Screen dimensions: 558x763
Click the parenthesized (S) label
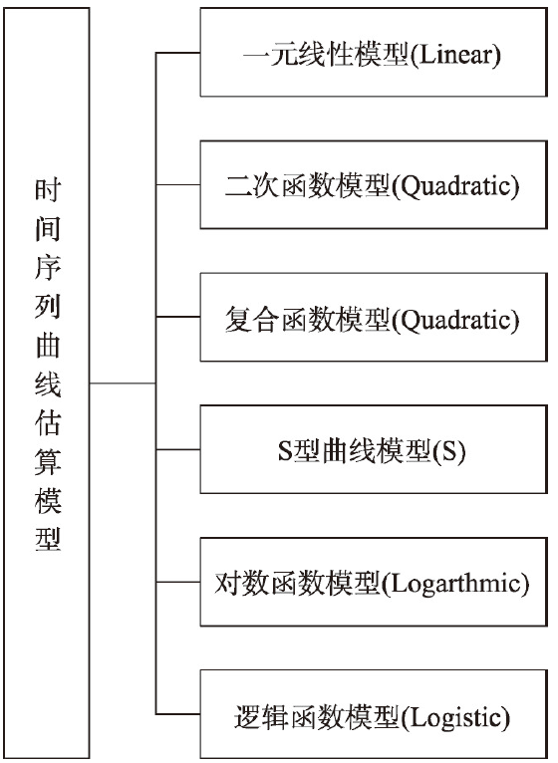click(x=449, y=451)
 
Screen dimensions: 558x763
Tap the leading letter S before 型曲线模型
click(x=284, y=450)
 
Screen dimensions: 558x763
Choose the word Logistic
click(x=455, y=717)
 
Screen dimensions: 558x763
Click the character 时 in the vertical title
click(x=48, y=190)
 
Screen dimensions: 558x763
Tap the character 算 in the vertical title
click(x=48, y=462)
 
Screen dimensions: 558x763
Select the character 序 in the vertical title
click(x=48, y=268)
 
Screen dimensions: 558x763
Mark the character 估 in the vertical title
click(x=48, y=423)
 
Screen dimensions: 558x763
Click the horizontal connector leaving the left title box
click(x=123, y=383)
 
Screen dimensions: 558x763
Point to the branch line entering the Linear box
click(x=178, y=53)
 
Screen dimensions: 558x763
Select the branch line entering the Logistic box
click(x=178, y=714)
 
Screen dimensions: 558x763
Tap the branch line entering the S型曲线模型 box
click(x=178, y=449)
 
